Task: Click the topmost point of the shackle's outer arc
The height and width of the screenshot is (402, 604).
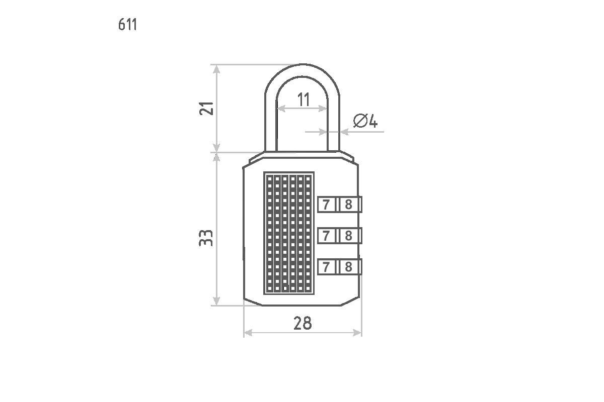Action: click(x=303, y=64)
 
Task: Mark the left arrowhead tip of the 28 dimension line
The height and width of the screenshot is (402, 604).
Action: click(x=244, y=333)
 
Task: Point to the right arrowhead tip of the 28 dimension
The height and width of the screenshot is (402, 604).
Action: click(x=361, y=333)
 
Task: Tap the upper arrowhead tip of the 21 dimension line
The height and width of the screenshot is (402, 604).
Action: click(x=216, y=65)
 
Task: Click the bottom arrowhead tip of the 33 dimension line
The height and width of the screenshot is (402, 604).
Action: click(x=216, y=305)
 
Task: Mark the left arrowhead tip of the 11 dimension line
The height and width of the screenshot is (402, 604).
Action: click(x=277, y=109)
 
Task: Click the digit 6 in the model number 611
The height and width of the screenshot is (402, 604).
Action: click(x=122, y=25)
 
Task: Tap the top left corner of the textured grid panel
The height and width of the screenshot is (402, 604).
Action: click(x=264, y=172)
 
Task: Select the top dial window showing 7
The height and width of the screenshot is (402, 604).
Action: click(x=327, y=205)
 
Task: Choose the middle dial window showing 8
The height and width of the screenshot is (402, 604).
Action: click(x=349, y=236)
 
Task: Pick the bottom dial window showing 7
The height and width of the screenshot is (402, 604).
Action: click(x=327, y=267)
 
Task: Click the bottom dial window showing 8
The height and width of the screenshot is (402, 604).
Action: click(x=349, y=267)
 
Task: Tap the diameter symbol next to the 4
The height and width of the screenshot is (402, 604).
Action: click(x=360, y=121)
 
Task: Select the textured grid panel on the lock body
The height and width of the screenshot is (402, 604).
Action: click(x=289, y=233)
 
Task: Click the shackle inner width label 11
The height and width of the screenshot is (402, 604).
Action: click(x=304, y=99)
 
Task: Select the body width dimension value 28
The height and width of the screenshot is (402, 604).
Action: click(x=303, y=323)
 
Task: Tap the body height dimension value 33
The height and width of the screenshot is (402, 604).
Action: click(x=206, y=238)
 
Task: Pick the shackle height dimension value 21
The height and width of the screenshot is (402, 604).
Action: click(x=206, y=109)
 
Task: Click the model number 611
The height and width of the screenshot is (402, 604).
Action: click(x=127, y=25)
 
